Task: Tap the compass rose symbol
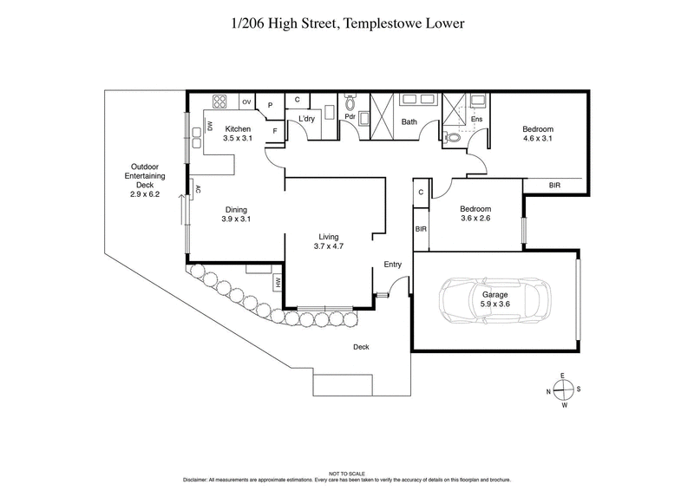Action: (563, 390)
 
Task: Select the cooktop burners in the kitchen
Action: (220, 101)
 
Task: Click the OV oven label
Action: (246, 101)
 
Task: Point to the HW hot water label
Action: (278, 281)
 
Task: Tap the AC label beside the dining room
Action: (198, 188)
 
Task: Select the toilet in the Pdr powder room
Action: (350, 101)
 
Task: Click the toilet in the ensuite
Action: (452, 136)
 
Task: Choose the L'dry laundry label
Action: (306, 118)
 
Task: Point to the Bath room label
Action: (409, 121)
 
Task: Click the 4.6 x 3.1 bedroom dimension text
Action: (537, 138)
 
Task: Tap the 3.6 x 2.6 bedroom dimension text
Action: (475, 219)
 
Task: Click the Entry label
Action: (394, 265)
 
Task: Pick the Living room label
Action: (328, 237)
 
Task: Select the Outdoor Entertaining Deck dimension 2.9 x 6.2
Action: (140, 194)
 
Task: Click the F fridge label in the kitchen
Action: (274, 130)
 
